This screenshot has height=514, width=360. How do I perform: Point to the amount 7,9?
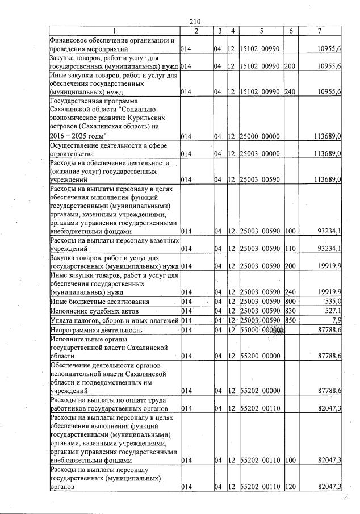tap(335, 320)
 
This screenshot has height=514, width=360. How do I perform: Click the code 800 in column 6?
tap(290, 301)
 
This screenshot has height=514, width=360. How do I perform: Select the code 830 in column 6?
tap(290, 311)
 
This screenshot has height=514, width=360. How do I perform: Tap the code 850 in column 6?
tap(290, 320)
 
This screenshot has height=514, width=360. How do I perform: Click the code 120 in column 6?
tap(290, 487)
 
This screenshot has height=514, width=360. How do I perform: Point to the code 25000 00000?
tap(260, 136)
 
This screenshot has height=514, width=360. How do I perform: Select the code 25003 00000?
tap(260, 154)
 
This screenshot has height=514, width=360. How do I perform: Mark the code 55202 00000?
tap(260, 391)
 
